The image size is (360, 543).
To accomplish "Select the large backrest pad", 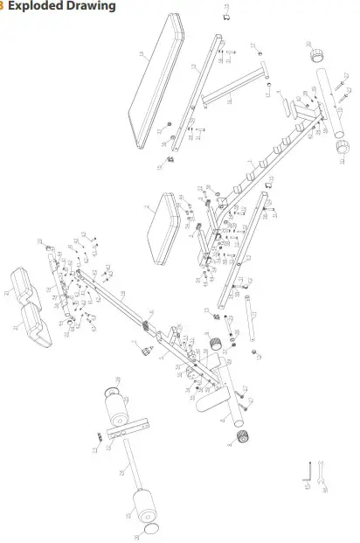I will (156, 83).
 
